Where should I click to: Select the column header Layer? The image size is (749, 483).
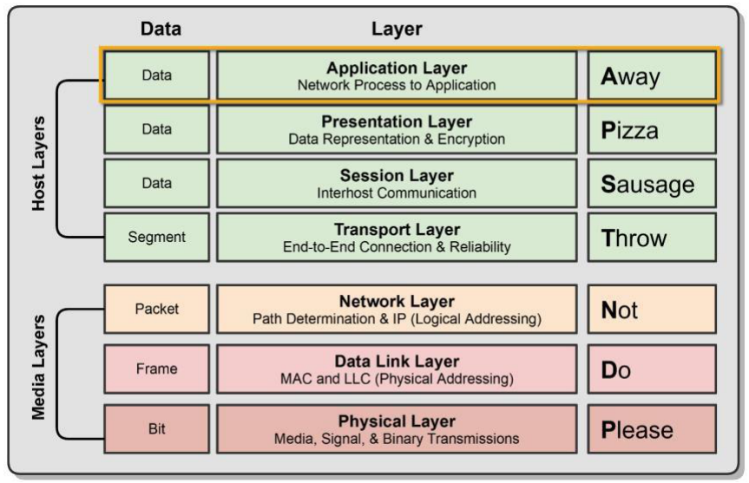396,29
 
